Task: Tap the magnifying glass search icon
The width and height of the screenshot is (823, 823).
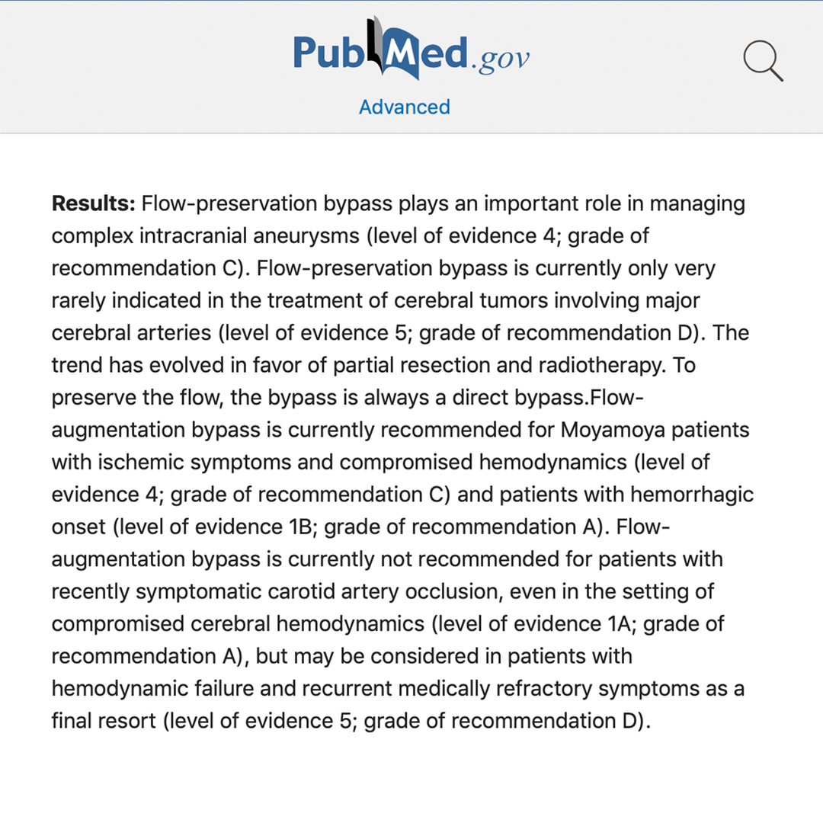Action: (x=763, y=60)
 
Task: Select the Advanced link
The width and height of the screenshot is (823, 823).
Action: (x=404, y=107)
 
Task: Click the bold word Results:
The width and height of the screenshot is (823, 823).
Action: (x=93, y=204)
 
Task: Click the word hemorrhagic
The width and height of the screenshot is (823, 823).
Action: (x=692, y=495)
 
